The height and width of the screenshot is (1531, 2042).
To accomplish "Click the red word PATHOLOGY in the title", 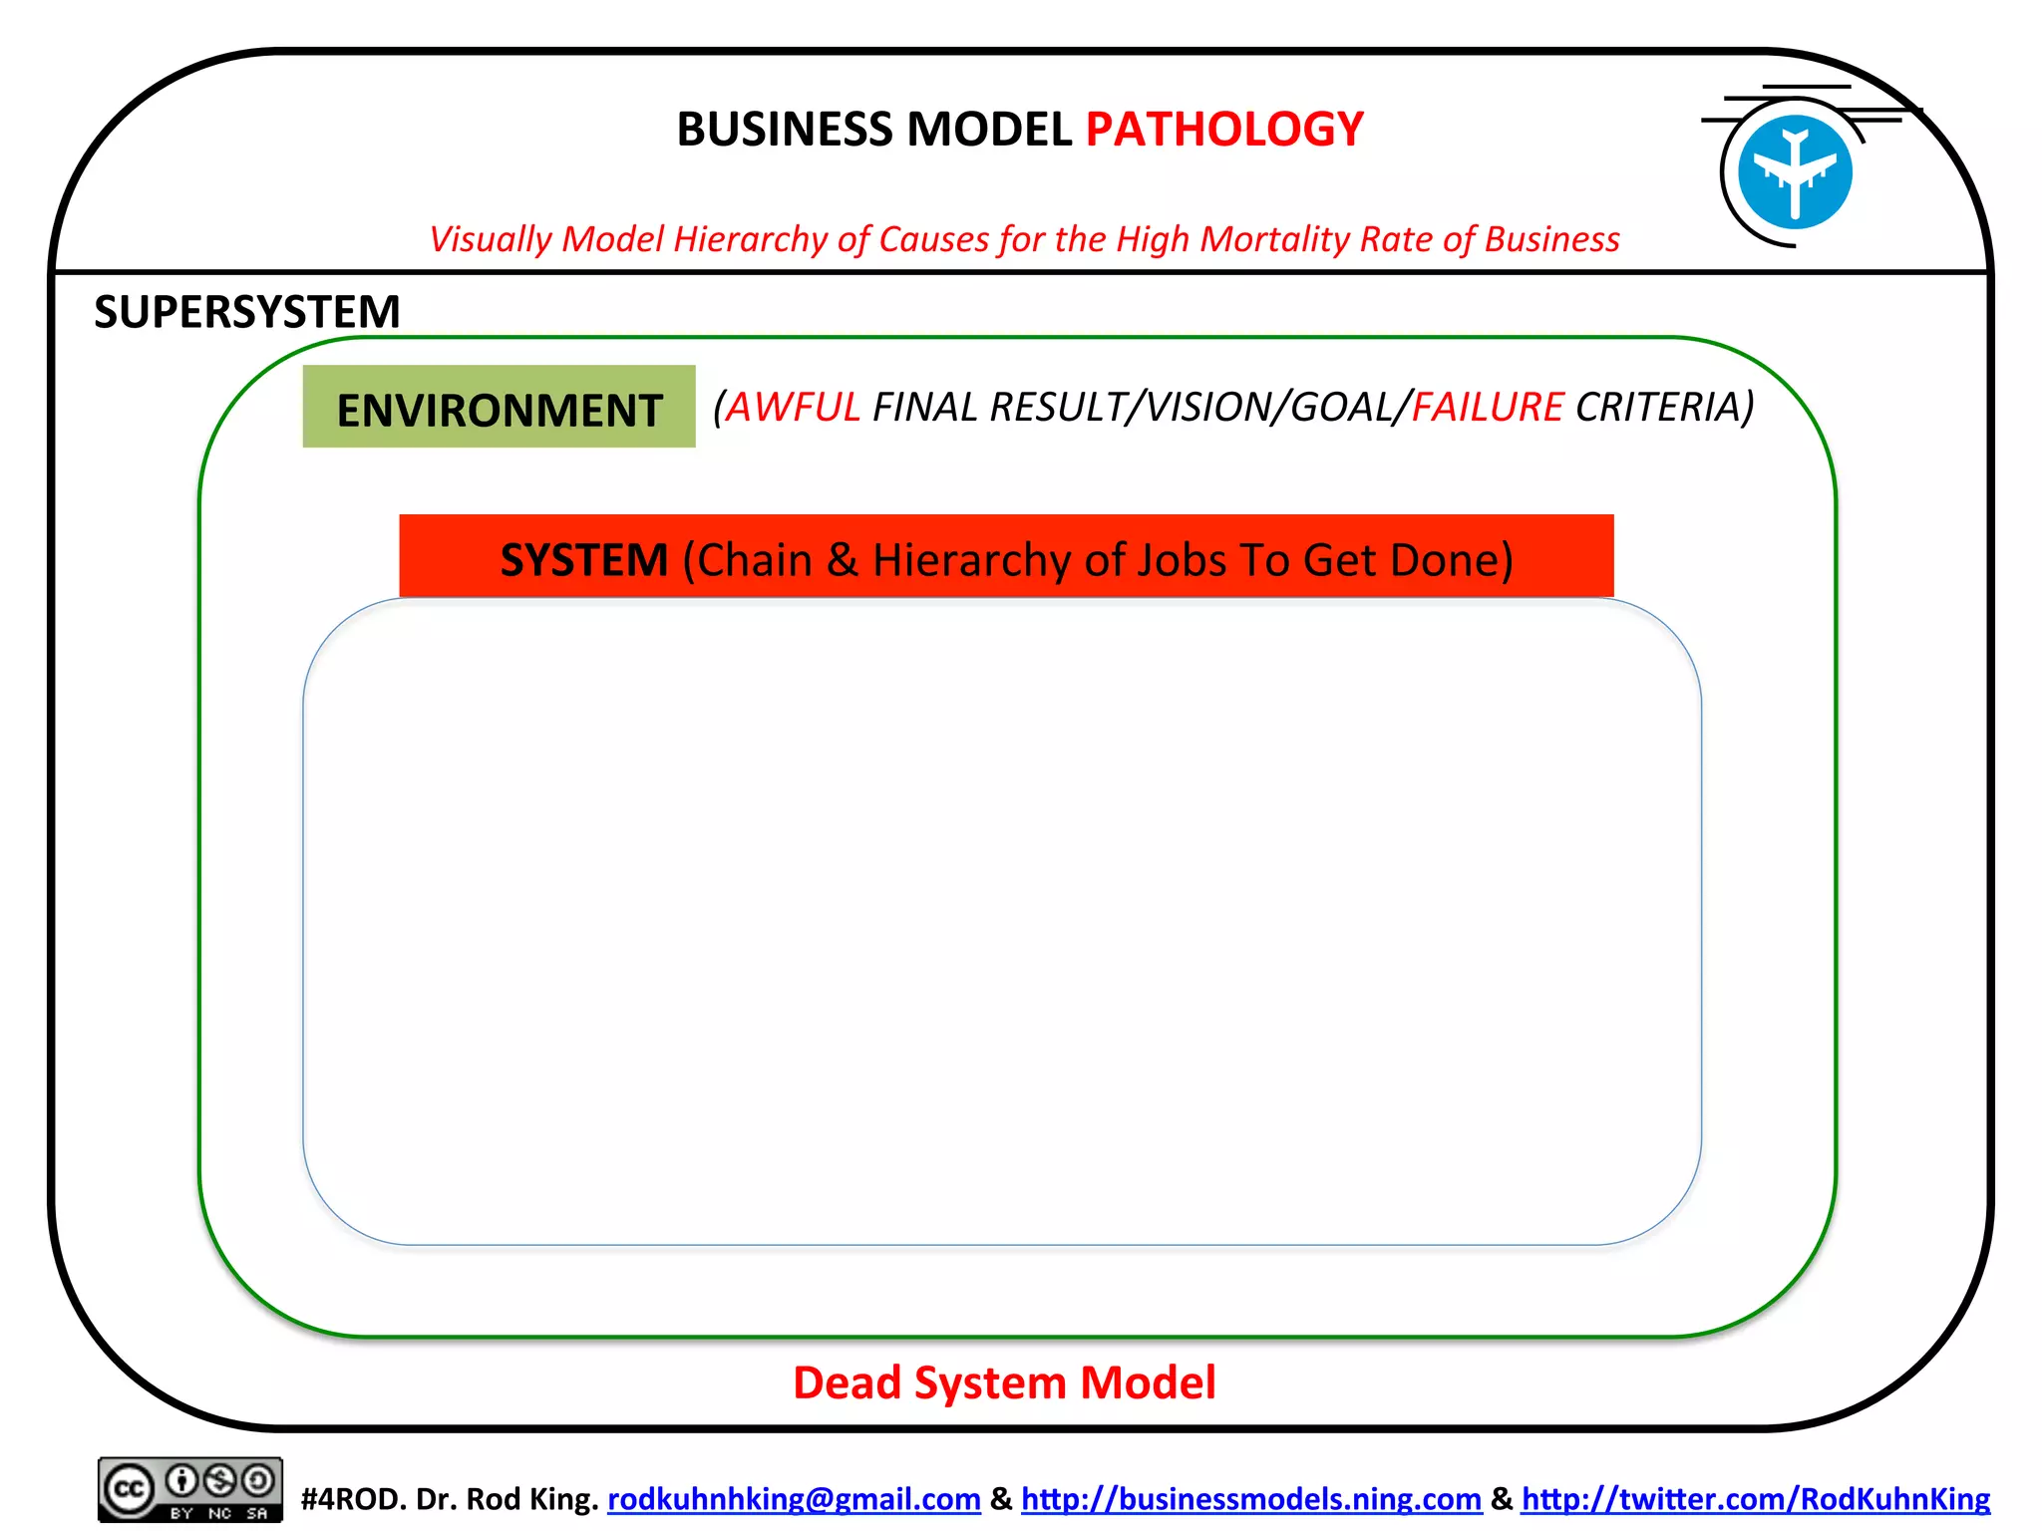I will pos(1223,130).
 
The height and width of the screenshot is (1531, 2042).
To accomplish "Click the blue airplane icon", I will pos(1794,172).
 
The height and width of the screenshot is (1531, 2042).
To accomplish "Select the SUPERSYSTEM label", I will pos(246,312).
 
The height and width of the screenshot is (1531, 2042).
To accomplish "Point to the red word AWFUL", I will pos(793,407).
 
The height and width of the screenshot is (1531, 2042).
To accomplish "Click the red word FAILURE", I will pos(1487,407).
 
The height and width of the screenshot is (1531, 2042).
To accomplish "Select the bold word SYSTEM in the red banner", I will pos(583,560).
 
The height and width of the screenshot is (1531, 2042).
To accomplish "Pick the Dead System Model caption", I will pos(1004,1382).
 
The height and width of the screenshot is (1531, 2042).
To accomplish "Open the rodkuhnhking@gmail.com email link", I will pos(794,1499).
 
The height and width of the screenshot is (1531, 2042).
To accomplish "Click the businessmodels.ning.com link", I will pos(1250,1499).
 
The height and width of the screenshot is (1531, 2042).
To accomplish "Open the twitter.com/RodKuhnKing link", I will pos(1755,1499).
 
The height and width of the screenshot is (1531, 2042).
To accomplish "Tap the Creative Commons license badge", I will pos(189,1490).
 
